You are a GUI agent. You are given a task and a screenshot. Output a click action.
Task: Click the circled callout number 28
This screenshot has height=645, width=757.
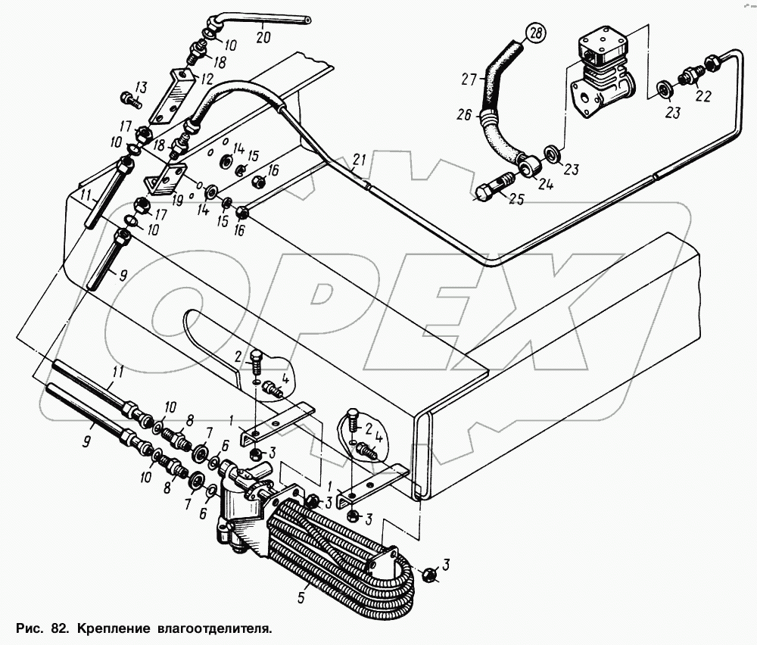pyautogui.click(x=536, y=34)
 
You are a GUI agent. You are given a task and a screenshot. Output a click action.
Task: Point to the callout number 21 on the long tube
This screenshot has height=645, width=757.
pyautogui.click(x=359, y=159)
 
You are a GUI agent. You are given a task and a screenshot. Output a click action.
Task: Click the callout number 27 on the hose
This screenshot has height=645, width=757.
pyautogui.click(x=469, y=79)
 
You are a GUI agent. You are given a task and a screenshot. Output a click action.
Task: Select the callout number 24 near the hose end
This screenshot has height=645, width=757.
pyautogui.click(x=545, y=182)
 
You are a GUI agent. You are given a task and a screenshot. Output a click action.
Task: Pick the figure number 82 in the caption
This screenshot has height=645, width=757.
pyautogui.click(x=60, y=628)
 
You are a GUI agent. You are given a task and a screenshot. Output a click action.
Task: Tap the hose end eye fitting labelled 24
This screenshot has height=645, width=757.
pyautogui.click(x=527, y=161)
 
